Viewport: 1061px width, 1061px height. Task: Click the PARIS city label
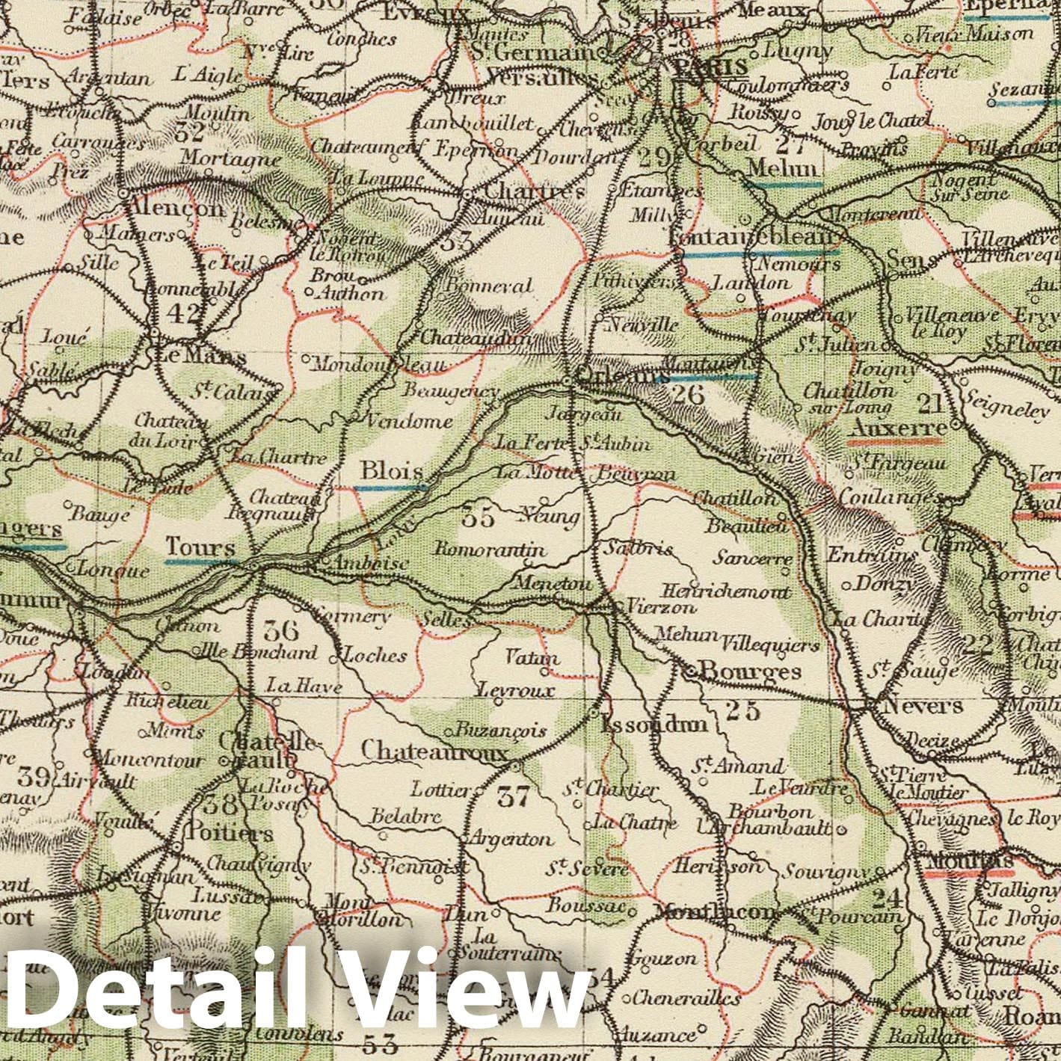(x=710, y=67)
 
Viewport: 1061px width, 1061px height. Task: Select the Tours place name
(x=200, y=547)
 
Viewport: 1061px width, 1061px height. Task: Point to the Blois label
(x=391, y=472)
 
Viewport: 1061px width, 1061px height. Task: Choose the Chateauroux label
(x=434, y=749)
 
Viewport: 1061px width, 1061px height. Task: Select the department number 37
(x=513, y=798)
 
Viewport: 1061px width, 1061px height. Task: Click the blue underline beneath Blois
(x=390, y=488)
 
